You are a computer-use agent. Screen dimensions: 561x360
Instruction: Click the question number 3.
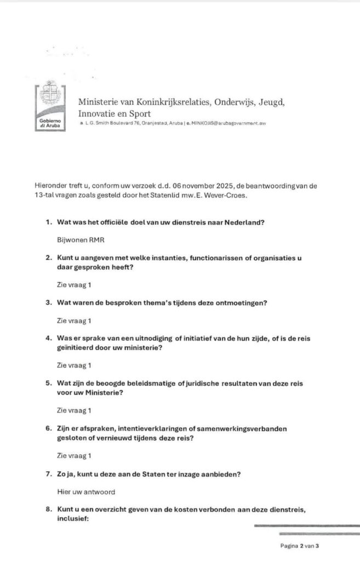coord(48,302)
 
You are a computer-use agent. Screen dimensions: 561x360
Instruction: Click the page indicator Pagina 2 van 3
coord(299,546)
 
